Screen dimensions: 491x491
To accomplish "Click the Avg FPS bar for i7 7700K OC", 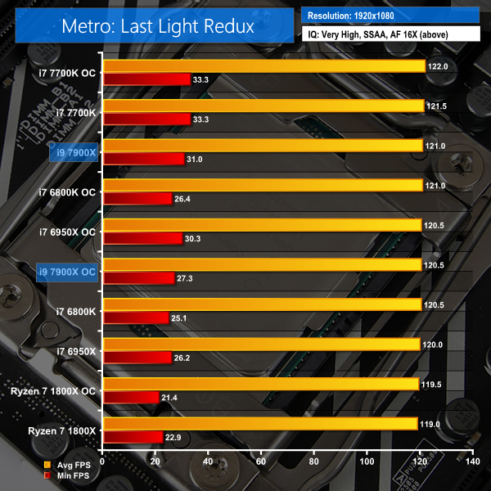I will click(264, 66).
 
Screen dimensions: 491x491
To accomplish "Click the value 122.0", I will click(439, 66).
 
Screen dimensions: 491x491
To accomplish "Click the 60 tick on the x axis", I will click(261, 462).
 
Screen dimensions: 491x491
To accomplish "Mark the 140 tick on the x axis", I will click(471, 462).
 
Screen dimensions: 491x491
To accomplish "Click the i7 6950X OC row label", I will click(67, 232).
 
